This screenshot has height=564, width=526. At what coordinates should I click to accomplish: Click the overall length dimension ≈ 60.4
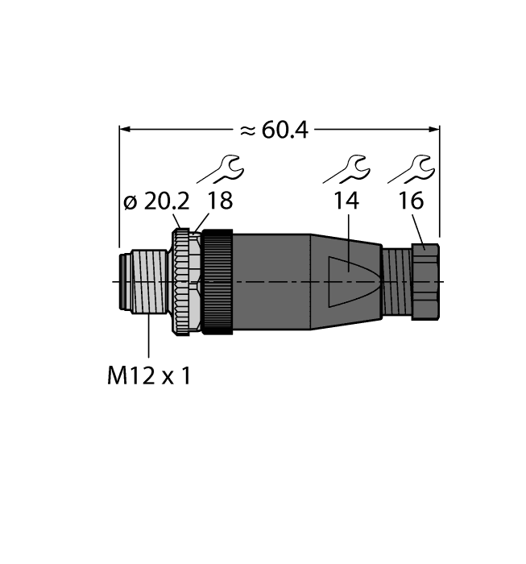[275, 130]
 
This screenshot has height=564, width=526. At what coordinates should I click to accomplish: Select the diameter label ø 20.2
[152, 203]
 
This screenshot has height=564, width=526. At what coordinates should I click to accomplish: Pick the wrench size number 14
[346, 203]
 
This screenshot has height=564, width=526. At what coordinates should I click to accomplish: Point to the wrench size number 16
[411, 203]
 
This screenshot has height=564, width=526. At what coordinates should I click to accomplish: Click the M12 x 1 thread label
[149, 376]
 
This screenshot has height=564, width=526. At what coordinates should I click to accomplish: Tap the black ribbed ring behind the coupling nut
[217, 281]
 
